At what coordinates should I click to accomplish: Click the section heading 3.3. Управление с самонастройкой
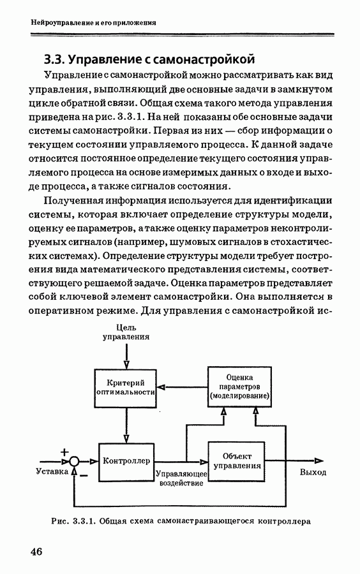tap(149, 59)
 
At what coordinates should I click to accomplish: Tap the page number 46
tap(36, 551)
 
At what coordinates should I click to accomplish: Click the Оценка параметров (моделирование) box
tap(239, 386)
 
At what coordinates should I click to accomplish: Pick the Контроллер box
tap(126, 462)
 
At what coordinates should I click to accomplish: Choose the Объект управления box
tap(236, 461)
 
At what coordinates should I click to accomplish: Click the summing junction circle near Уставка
tap(74, 461)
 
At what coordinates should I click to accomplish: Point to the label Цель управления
tap(126, 332)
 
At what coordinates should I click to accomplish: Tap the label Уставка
tap(52, 471)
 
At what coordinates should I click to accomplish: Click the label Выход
tap(313, 472)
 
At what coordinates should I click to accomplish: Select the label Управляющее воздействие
tap(182, 478)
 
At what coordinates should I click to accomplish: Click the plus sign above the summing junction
tap(64, 452)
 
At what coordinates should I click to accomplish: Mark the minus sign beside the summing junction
tap(84, 476)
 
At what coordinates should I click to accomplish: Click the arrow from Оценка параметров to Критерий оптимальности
tap(183, 387)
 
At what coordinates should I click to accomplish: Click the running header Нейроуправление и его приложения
tap(93, 23)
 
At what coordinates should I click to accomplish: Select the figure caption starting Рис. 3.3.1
tap(181, 521)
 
